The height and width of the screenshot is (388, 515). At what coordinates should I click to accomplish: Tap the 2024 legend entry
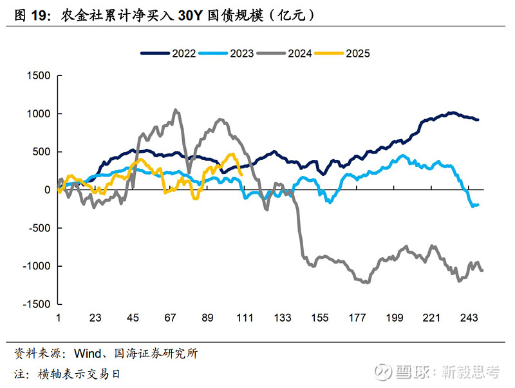300,53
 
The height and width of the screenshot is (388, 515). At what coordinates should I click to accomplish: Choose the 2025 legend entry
358,53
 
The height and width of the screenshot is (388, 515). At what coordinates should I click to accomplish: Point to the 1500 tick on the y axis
39,76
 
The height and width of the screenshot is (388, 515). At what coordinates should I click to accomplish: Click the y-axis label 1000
39,114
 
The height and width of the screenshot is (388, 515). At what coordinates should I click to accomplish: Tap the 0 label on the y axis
47,190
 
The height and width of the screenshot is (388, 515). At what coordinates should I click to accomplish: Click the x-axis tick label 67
171,318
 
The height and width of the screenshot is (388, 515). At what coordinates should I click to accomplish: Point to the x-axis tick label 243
469,318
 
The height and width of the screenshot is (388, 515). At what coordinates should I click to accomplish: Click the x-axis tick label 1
58,318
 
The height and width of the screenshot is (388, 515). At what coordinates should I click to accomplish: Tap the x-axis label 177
357,318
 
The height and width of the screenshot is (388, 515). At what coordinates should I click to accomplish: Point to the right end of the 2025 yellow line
241,174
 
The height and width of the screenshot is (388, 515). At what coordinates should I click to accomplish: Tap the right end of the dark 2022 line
477,120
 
